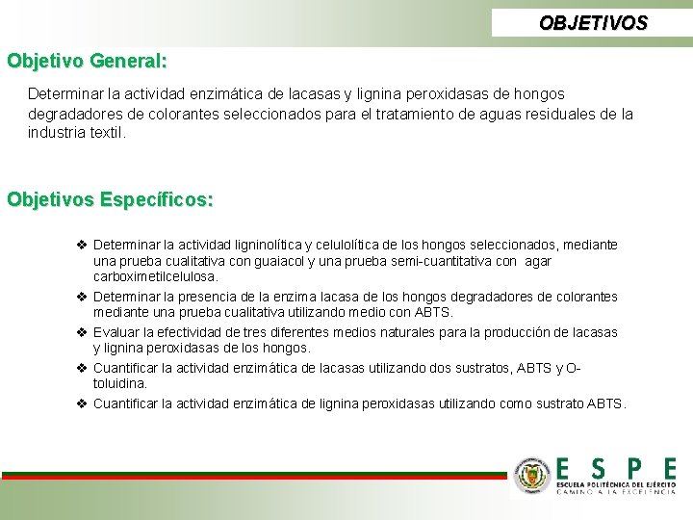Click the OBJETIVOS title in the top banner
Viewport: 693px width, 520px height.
pos(593,22)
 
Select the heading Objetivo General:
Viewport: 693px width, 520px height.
pos(88,61)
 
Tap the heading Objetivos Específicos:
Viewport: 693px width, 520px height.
pos(111,199)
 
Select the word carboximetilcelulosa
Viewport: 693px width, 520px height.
pos(155,276)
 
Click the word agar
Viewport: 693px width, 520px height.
pos(539,261)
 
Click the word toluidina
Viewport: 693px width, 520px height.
pos(119,383)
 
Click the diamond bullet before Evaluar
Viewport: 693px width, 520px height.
pos(82,332)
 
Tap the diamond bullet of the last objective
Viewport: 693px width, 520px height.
pos(82,403)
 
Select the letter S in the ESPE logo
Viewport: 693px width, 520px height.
pos(599,469)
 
